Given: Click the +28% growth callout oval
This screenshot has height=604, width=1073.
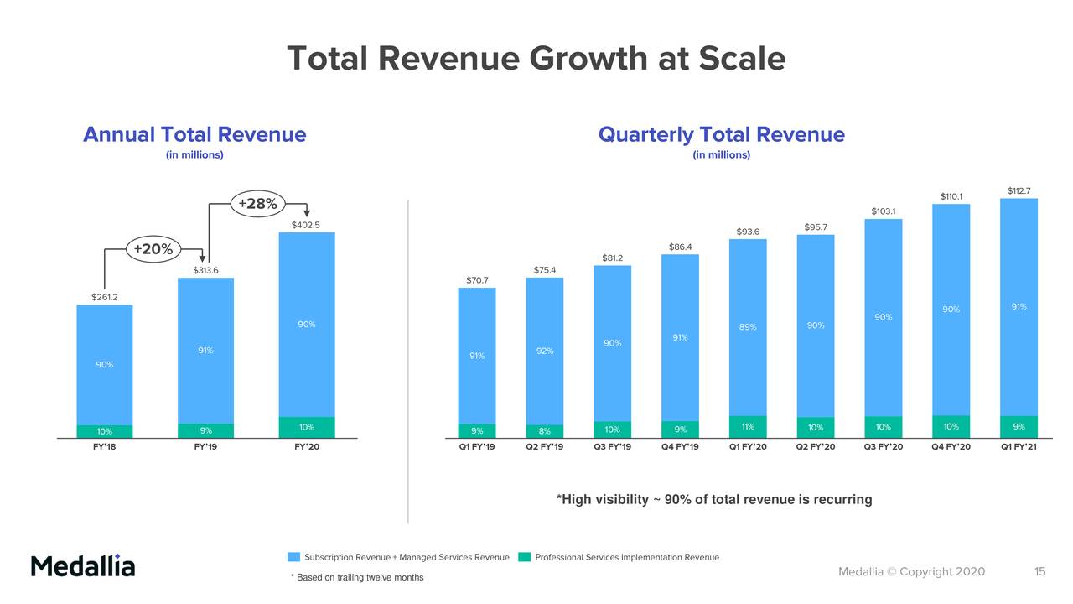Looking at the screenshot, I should pyautogui.click(x=258, y=204).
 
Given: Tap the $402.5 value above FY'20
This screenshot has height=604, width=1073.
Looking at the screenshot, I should pyautogui.click(x=306, y=225).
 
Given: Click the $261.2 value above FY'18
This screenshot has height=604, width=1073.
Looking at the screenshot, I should pyautogui.click(x=105, y=297).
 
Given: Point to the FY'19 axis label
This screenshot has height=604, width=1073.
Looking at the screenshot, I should pyautogui.click(x=205, y=447).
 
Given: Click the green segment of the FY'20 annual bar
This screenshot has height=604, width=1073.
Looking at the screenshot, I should pyautogui.click(x=306, y=427).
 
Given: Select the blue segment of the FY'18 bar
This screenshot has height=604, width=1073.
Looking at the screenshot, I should pyautogui.click(x=105, y=364).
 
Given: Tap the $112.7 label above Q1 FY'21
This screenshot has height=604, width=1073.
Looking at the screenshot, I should pyautogui.click(x=1019, y=191).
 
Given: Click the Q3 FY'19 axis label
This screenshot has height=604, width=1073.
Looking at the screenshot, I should pyautogui.click(x=612, y=447).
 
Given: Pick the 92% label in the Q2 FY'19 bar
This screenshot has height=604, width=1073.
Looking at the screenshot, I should pyautogui.click(x=545, y=351).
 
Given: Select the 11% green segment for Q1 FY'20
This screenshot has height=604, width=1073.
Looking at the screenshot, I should pyautogui.click(x=748, y=427).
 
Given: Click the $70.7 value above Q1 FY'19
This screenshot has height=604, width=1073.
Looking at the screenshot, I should pyautogui.click(x=477, y=280).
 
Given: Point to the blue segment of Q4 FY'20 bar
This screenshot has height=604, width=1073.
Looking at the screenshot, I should pyautogui.click(x=951, y=310).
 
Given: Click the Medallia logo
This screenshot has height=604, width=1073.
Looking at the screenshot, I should pyautogui.click(x=83, y=565).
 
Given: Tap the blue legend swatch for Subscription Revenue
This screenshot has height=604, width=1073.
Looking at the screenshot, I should pyautogui.click(x=293, y=557).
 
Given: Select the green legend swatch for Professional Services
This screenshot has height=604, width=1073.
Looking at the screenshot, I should pyautogui.click(x=525, y=557).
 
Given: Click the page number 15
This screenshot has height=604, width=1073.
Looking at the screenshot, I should pyautogui.click(x=1039, y=572).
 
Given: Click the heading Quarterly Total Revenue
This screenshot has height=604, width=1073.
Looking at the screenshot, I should pyautogui.click(x=721, y=135).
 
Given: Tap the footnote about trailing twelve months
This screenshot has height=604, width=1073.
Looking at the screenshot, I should pyautogui.click(x=357, y=577).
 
